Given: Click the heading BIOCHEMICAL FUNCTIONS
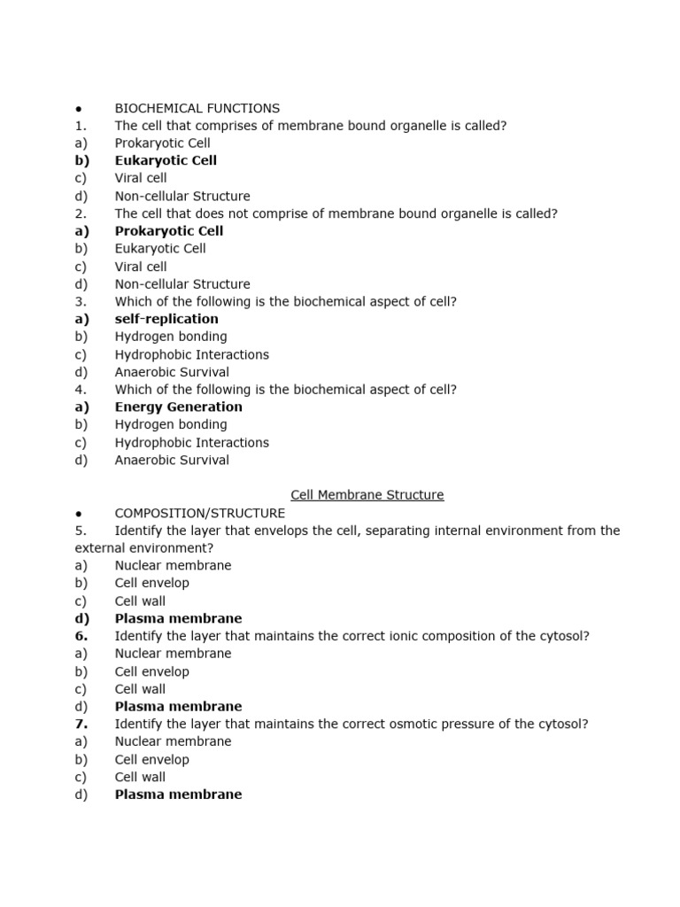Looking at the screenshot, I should click(197, 108).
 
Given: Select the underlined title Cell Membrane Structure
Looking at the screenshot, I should click(367, 495).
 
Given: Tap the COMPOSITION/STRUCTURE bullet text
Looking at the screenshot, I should click(200, 513).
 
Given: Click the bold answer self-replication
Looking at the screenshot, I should click(166, 319).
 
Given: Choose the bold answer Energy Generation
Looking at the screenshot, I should click(178, 407).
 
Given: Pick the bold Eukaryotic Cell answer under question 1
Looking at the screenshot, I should click(166, 160).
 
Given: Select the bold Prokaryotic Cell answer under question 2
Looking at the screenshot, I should click(169, 231).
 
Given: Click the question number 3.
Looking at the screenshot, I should click(81, 302).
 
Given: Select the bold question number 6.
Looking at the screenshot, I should click(81, 636).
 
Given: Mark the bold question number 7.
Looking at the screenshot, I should click(81, 725).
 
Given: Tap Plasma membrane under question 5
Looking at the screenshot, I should click(178, 618).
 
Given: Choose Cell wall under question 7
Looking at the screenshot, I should click(140, 778).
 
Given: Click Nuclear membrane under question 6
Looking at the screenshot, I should click(173, 654).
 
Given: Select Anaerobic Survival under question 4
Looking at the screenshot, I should click(172, 461).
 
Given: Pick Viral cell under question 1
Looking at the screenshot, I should click(141, 178).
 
